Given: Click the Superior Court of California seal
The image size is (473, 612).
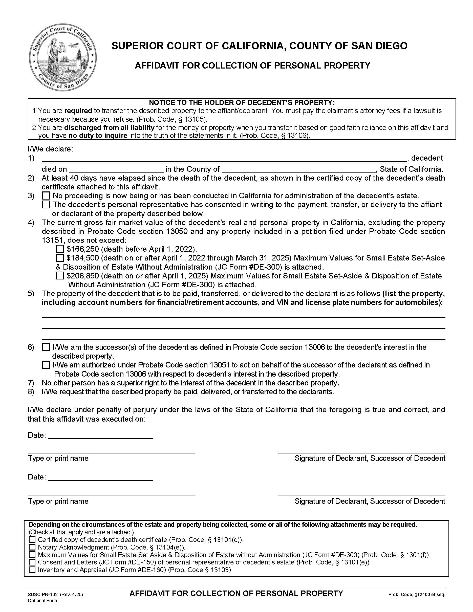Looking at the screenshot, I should point(63,57).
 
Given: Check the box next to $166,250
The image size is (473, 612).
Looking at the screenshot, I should point(60,249).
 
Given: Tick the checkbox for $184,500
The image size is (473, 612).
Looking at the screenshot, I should point(60,257).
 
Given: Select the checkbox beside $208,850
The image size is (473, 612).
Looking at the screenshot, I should point(60,276).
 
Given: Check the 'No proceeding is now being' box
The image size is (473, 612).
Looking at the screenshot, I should point(46,195).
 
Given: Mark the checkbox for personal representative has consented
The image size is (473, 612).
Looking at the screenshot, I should point(46,204).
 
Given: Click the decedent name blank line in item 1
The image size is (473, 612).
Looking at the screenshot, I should point(224,159).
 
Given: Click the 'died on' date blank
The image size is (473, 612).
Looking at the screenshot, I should point(116,169).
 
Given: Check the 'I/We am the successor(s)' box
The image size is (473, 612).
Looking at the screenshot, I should point(46,347).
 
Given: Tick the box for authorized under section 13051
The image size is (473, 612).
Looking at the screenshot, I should point(46,365).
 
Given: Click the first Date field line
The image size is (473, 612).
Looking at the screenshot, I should point(101,435).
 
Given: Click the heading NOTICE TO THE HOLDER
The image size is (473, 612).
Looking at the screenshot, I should point(242,103).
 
